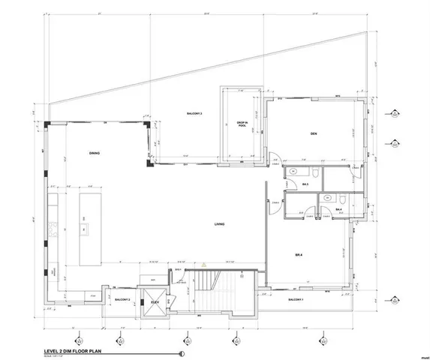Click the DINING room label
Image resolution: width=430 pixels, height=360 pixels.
pyautogui.click(x=95, y=154)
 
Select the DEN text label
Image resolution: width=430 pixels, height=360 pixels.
pyautogui.click(x=315, y=134)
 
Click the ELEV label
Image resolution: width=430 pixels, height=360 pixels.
pyautogui.click(x=155, y=303)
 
